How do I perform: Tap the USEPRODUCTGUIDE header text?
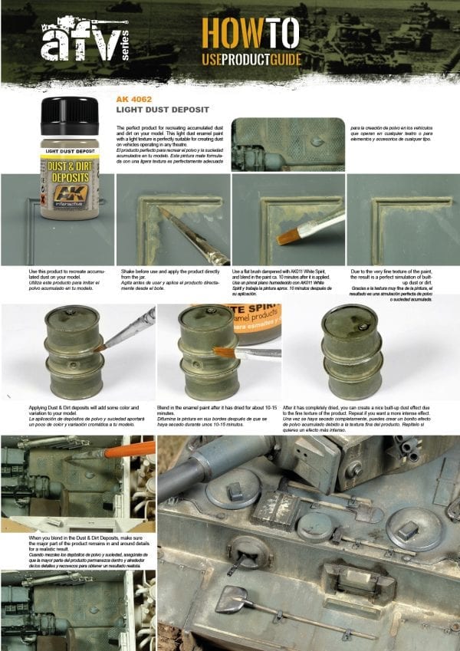[x=251, y=59]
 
